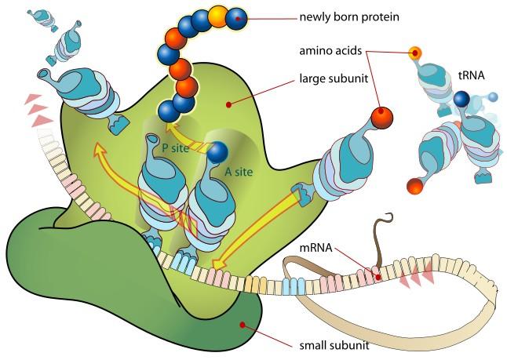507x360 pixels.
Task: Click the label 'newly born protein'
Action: coord(349,16)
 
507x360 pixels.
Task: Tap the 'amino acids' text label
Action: coord(330,51)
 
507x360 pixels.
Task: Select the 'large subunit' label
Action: coord(334,78)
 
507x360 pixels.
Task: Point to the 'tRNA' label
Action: coord(472,75)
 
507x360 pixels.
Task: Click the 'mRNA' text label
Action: coord(316,248)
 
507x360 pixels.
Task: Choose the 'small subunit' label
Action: coord(334,345)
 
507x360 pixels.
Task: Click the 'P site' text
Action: coord(175,148)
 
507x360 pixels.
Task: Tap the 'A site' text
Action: coord(239,172)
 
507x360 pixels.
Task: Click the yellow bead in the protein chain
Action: coord(217,16)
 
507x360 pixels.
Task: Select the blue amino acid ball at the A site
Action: coord(217,152)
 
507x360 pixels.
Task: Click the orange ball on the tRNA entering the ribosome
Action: coord(382,118)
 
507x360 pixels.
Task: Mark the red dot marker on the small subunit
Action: coord(243,324)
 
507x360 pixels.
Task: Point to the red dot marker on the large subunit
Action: coord(228,104)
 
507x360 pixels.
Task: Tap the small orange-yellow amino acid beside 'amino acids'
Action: coord(415,53)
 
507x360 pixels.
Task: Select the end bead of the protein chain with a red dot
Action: coord(236,19)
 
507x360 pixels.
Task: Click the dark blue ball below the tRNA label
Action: coord(461,99)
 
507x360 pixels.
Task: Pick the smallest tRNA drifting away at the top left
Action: coord(42,20)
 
